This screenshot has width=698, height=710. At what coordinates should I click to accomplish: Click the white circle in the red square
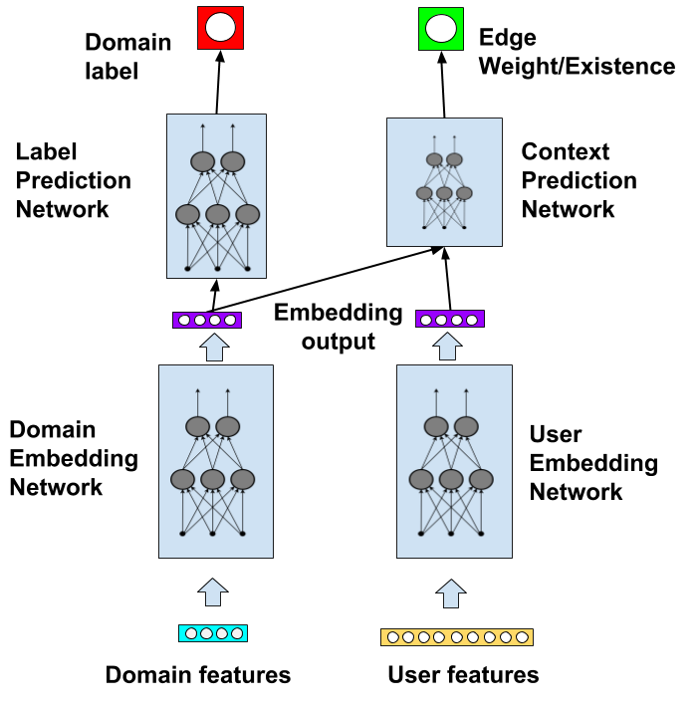(x=220, y=27)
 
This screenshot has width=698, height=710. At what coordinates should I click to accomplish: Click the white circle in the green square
(x=441, y=28)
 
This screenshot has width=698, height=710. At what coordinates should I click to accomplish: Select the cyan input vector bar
(x=213, y=633)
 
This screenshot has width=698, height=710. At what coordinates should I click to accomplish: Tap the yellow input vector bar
(x=457, y=637)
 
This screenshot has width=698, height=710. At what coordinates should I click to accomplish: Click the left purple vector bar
(x=207, y=320)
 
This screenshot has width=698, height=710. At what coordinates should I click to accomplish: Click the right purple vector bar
(x=450, y=319)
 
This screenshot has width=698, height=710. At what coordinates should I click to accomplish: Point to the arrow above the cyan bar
(x=213, y=592)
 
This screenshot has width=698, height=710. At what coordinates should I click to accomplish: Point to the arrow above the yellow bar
(x=451, y=593)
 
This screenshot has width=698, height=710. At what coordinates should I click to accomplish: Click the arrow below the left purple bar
(x=214, y=347)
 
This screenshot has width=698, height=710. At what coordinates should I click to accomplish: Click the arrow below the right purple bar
(x=447, y=346)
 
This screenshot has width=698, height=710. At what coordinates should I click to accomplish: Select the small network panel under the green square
(x=444, y=182)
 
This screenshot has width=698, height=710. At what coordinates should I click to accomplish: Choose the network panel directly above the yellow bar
(x=454, y=461)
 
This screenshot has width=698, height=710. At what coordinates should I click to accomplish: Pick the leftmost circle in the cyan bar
(x=191, y=633)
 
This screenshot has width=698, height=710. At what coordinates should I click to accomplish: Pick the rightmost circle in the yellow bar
(x=522, y=637)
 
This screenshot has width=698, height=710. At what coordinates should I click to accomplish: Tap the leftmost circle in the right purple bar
(x=426, y=320)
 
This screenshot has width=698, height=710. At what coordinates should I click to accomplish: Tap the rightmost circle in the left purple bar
(x=230, y=320)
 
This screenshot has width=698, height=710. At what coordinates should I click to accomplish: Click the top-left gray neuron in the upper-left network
(x=202, y=161)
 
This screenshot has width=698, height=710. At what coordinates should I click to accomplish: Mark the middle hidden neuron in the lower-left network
(x=212, y=479)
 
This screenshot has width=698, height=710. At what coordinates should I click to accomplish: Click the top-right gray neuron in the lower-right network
(x=466, y=426)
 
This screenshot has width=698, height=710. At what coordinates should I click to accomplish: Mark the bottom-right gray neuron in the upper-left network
(x=247, y=214)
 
